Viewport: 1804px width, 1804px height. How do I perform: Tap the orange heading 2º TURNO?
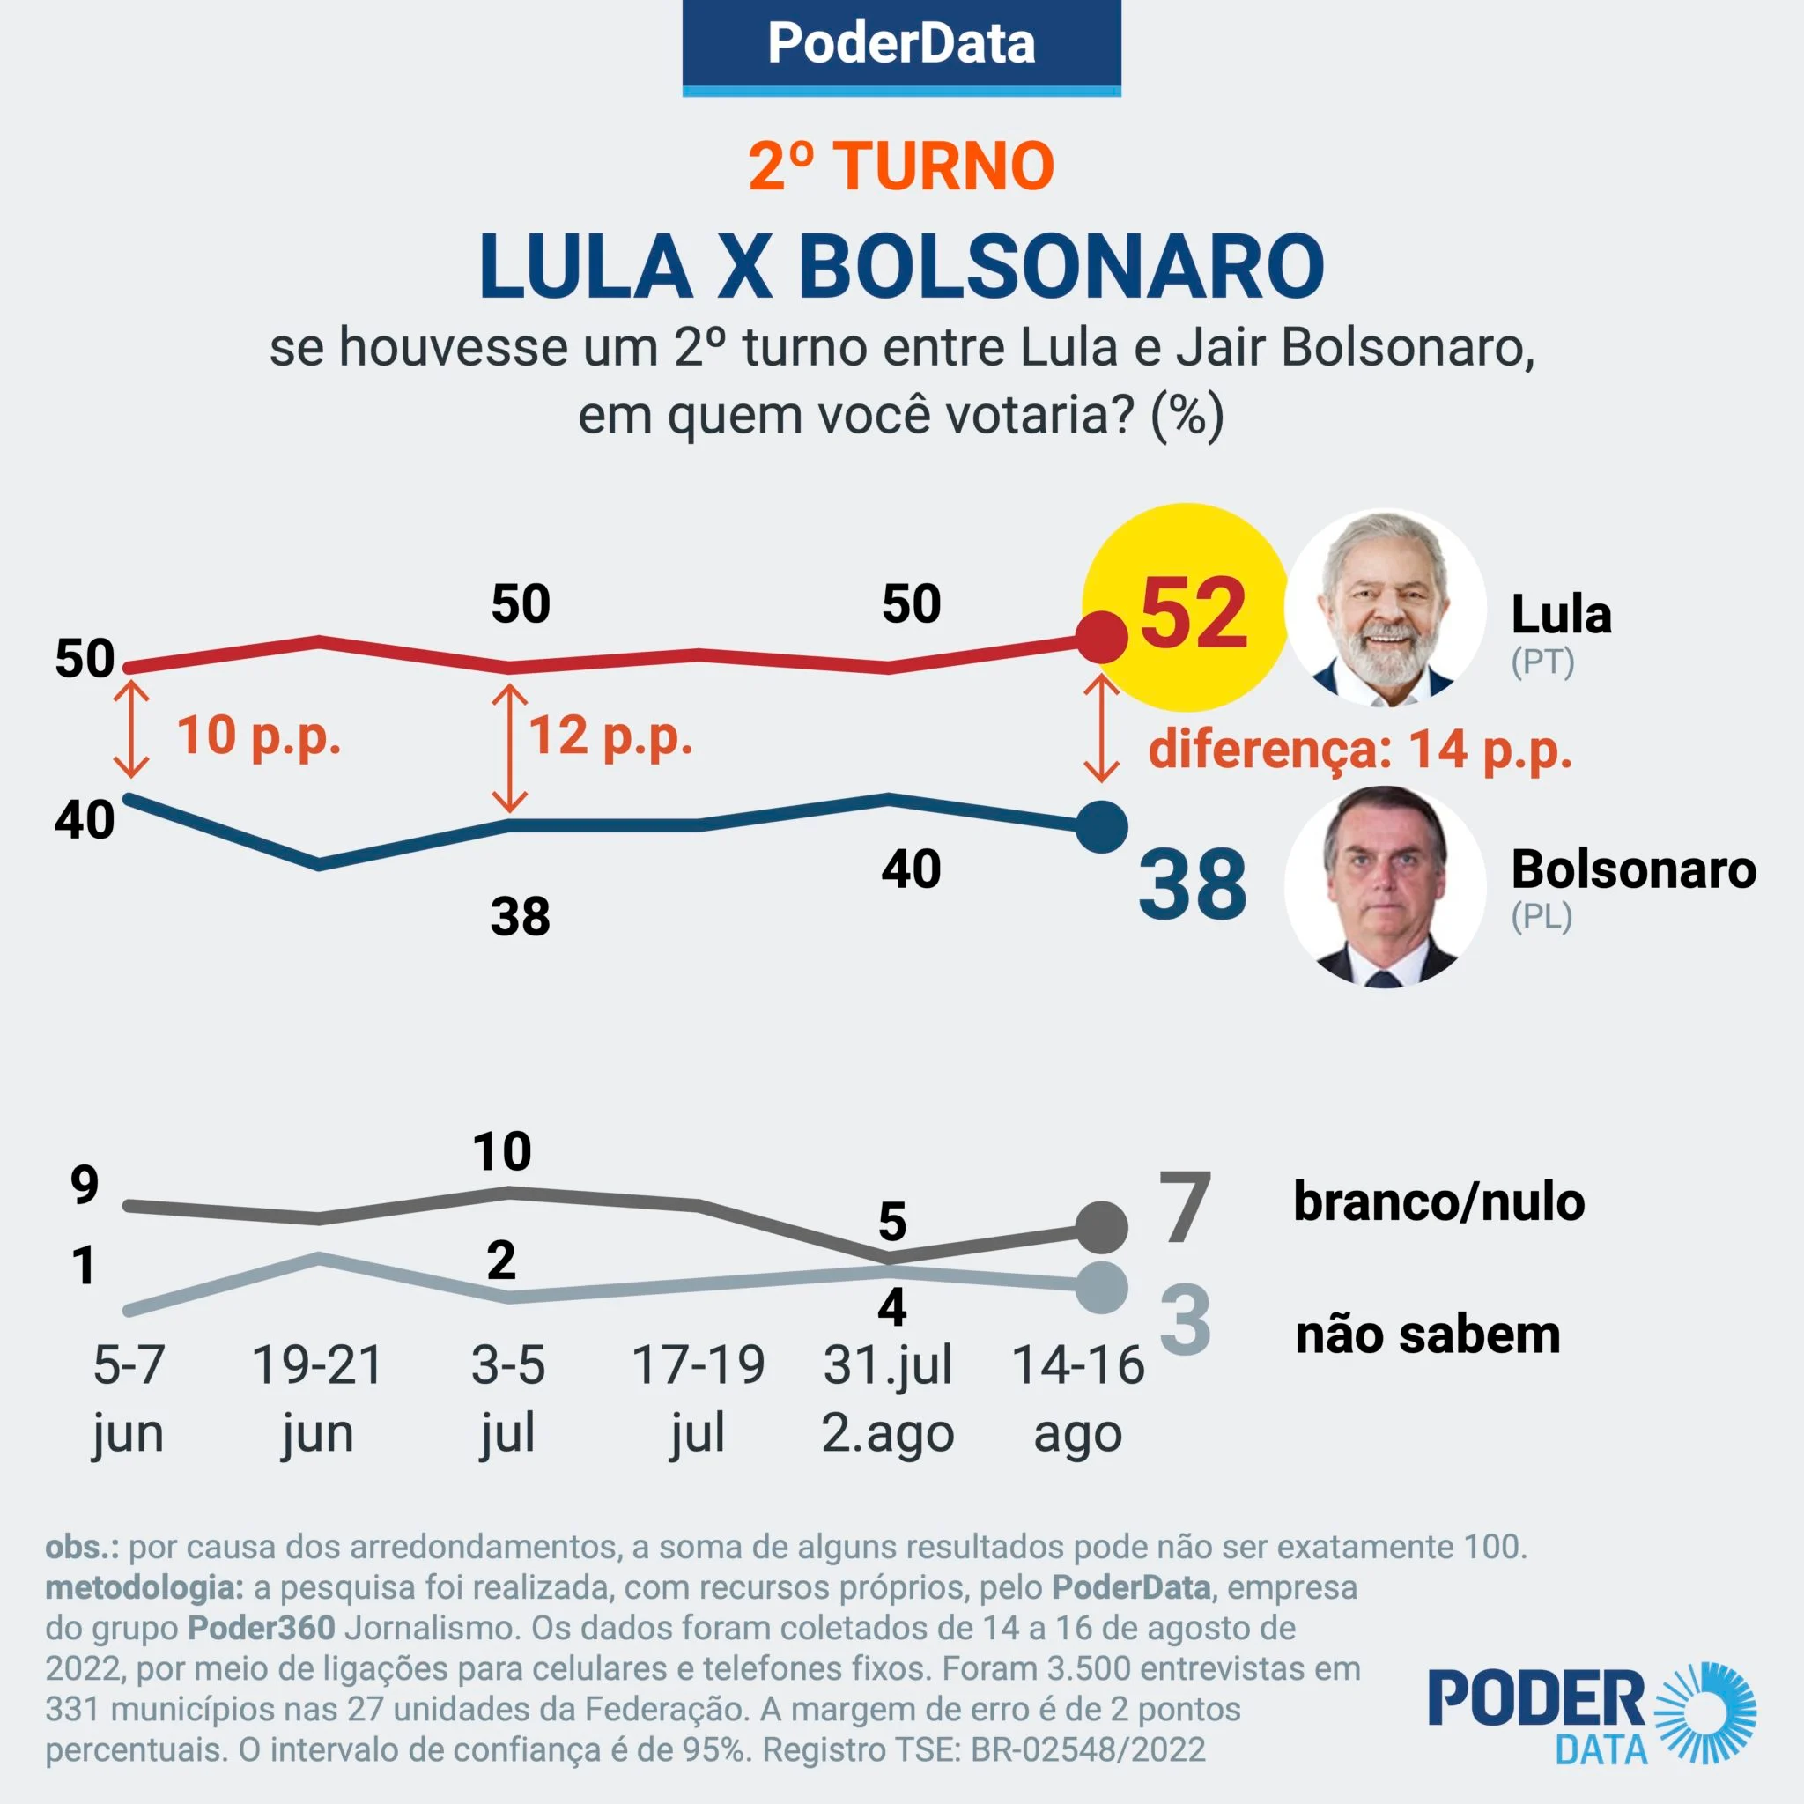tap(901, 167)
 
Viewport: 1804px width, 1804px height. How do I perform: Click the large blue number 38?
tap(1193, 884)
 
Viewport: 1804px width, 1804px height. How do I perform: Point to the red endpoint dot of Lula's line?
tap(1102, 637)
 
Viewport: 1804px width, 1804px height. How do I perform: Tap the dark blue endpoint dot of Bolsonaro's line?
tap(1102, 827)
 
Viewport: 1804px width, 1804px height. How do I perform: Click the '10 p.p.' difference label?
tap(259, 736)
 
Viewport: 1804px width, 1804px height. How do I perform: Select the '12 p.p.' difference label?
tap(610, 736)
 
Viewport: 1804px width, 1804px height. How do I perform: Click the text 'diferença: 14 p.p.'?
tap(1360, 750)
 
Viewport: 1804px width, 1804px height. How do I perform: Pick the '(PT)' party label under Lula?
tap(1542, 662)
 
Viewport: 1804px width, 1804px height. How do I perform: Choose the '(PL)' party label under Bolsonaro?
tap(1542, 916)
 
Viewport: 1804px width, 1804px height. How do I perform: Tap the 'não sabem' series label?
tap(1428, 1335)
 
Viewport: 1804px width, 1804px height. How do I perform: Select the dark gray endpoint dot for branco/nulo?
tap(1102, 1228)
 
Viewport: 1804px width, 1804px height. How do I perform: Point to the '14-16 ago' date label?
tap(1078, 1398)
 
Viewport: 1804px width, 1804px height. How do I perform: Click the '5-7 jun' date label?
tap(129, 1398)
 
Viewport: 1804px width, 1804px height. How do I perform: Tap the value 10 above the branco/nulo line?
tap(502, 1151)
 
